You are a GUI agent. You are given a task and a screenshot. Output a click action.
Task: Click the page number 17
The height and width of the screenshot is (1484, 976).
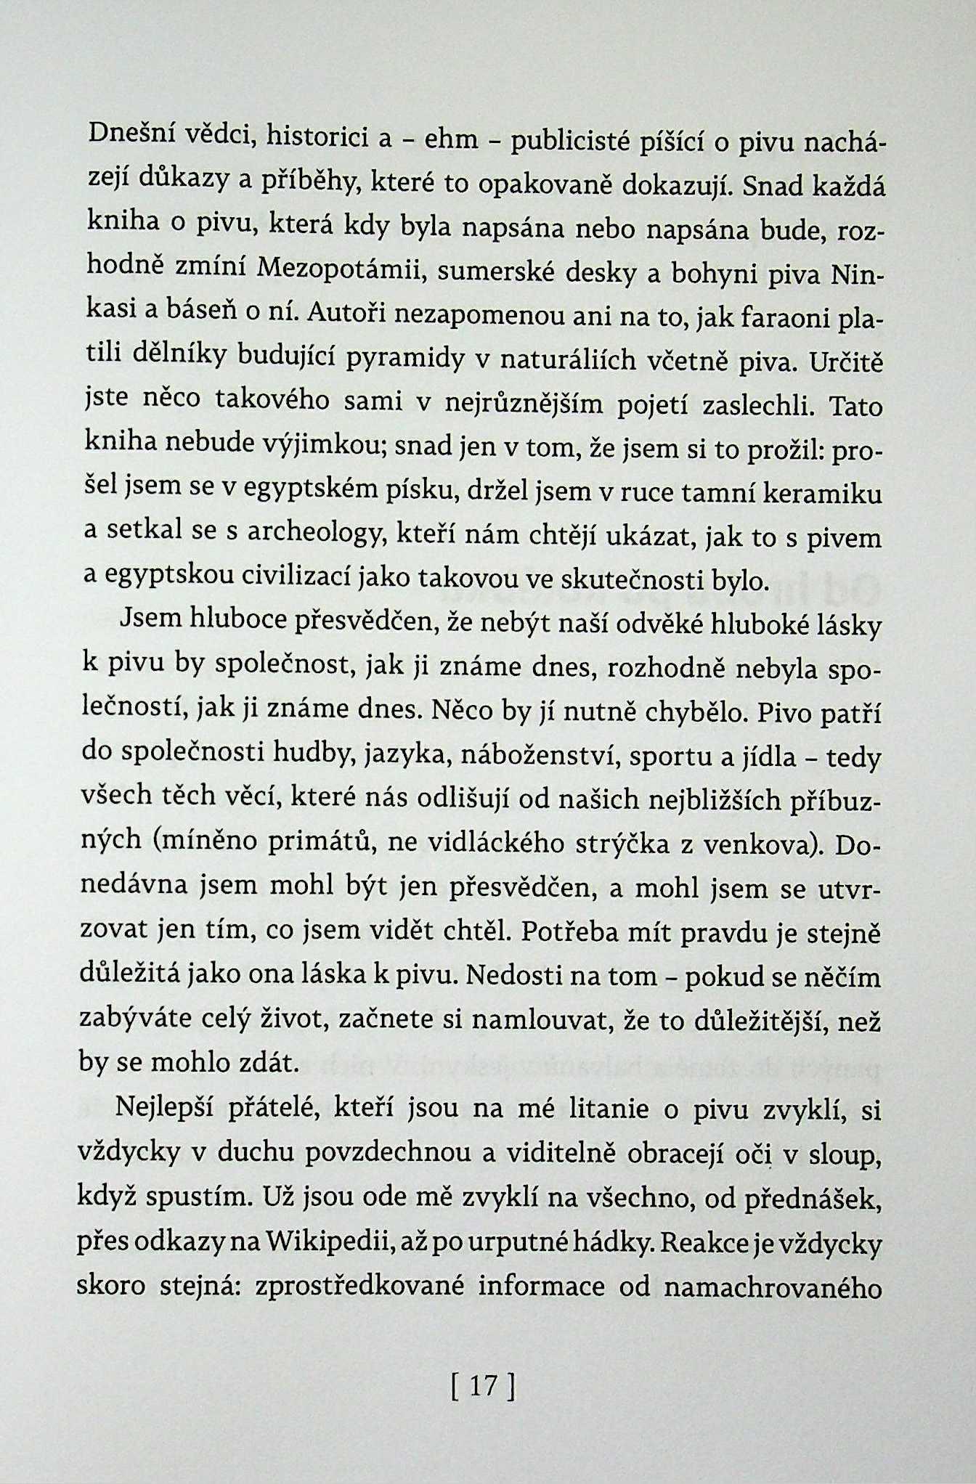[x=482, y=1387]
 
